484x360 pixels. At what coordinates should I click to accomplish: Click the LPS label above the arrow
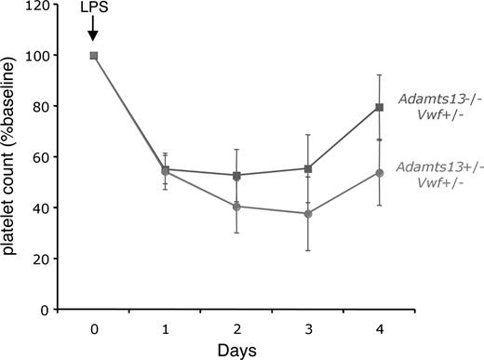[92, 15]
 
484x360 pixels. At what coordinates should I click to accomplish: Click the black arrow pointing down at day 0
[92, 33]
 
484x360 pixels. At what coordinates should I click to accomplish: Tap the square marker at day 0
[93, 56]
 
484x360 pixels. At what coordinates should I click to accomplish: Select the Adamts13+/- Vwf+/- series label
[438, 174]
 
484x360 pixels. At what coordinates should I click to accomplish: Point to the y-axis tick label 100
[38, 56]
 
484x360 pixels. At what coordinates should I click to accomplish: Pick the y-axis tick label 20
[42, 259]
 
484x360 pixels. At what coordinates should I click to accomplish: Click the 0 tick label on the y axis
[46, 309]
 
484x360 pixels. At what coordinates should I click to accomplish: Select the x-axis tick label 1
[166, 328]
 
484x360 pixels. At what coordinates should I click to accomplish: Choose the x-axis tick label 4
[381, 328]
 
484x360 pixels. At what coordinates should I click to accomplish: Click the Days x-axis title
[237, 351]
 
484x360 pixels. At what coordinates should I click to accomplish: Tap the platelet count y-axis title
[12, 156]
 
